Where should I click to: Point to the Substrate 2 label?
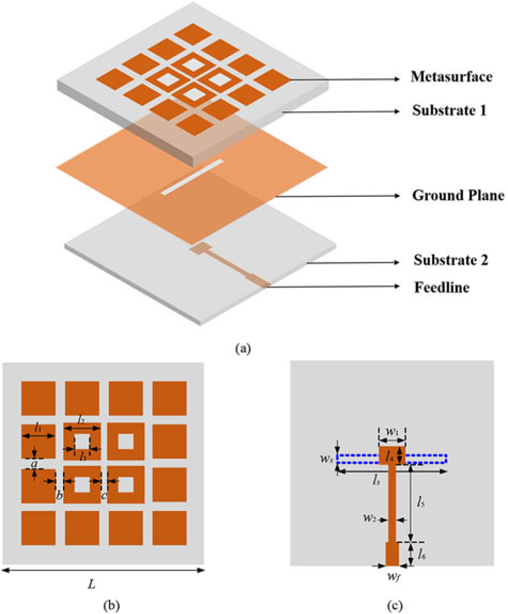[452, 261]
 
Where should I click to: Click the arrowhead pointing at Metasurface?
[396, 79]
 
